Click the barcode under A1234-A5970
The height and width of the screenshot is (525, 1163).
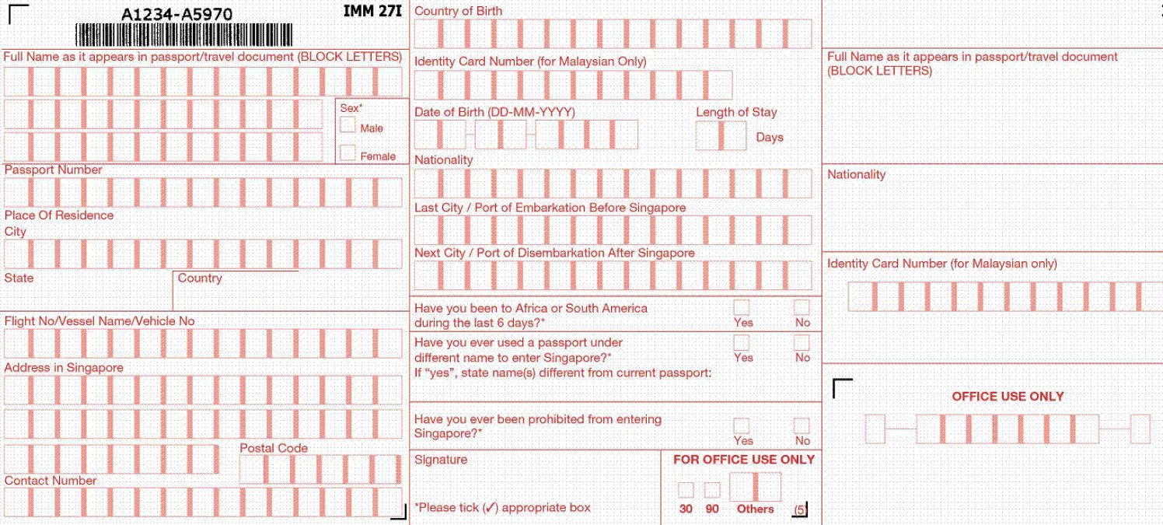tap(184, 35)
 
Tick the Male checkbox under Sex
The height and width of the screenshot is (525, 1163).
tap(348, 125)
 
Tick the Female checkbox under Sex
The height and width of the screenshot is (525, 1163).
tap(348, 152)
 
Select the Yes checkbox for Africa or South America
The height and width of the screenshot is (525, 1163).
tap(742, 307)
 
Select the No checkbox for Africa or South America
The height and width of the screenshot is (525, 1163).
tap(802, 307)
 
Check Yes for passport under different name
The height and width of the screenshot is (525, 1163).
tap(742, 342)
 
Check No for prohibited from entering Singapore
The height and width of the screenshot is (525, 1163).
tap(802, 425)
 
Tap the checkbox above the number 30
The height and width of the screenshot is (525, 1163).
tap(686, 490)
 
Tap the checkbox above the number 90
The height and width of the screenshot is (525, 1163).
tap(712, 490)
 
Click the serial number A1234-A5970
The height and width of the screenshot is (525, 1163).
tap(176, 14)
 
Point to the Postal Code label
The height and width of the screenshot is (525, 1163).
tap(274, 448)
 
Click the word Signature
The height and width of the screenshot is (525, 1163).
tap(441, 460)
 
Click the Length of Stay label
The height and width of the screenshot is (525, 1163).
tap(736, 112)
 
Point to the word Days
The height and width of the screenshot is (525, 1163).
tap(770, 137)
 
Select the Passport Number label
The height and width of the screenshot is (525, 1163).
tap(53, 170)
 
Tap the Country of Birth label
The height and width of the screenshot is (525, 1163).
tap(458, 11)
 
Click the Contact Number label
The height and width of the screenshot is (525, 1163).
tap(51, 481)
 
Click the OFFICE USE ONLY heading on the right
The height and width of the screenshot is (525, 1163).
tap(1008, 396)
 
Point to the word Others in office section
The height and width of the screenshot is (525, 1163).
tap(755, 509)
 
